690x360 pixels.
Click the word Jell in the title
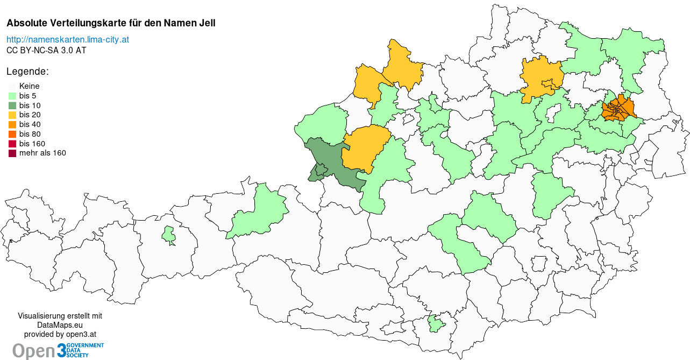click(x=208, y=24)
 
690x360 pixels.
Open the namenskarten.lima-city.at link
click(x=67, y=40)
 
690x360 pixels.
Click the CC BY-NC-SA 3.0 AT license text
click(x=46, y=50)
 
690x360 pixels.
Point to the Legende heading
click(x=27, y=72)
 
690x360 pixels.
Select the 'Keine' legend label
click(x=29, y=86)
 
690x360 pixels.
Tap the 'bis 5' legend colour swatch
click(x=12, y=96)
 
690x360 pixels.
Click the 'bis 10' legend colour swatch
click(x=12, y=105)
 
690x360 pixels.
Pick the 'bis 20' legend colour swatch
click(x=12, y=115)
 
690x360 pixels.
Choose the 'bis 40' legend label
click(x=30, y=124)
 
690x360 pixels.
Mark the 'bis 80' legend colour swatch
click(x=12, y=134)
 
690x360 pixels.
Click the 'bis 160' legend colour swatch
click(x=12, y=144)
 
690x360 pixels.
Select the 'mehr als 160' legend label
click(x=42, y=153)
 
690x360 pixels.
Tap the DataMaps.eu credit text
click(x=60, y=325)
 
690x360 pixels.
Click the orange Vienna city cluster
click(x=618, y=109)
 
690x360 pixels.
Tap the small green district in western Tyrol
click(x=169, y=235)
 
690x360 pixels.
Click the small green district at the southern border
click(x=436, y=324)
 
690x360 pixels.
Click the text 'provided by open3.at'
click(x=60, y=334)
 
